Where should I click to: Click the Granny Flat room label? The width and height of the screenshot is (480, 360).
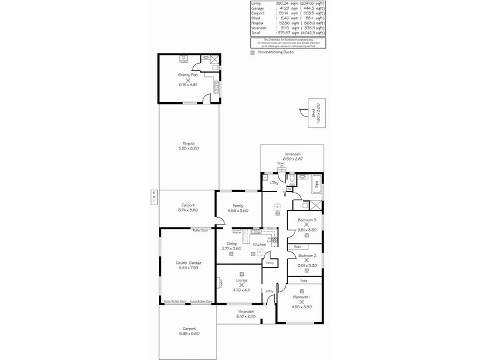pyautogui.click(x=188, y=74)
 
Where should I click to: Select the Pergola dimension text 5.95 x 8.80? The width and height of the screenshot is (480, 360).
pyautogui.click(x=188, y=148)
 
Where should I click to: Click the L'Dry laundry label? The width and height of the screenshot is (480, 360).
pyautogui.click(x=274, y=182)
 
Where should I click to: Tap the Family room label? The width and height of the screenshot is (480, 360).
pyautogui.click(x=238, y=206)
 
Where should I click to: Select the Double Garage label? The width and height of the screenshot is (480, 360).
pyautogui.click(x=188, y=263)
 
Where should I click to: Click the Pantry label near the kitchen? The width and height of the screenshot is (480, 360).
pyautogui.click(x=270, y=262)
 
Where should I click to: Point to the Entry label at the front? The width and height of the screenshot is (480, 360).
pyautogui.click(x=269, y=292)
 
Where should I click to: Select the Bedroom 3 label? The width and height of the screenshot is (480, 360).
pyautogui.click(x=307, y=220)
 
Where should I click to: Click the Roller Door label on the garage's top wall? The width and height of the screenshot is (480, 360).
pyautogui.click(x=200, y=230)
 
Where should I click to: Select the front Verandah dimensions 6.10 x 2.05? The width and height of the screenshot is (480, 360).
pyautogui.click(x=246, y=316)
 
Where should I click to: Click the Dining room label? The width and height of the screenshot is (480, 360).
pyautogui.click(x=231, y=243)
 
